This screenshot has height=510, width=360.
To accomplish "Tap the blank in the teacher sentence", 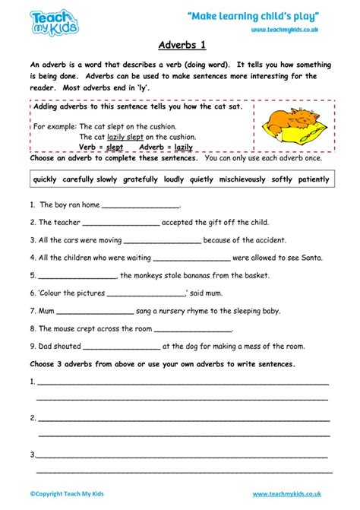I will [x=121, y=223].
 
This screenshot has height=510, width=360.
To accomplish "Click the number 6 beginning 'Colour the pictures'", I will [x=33, y=293].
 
